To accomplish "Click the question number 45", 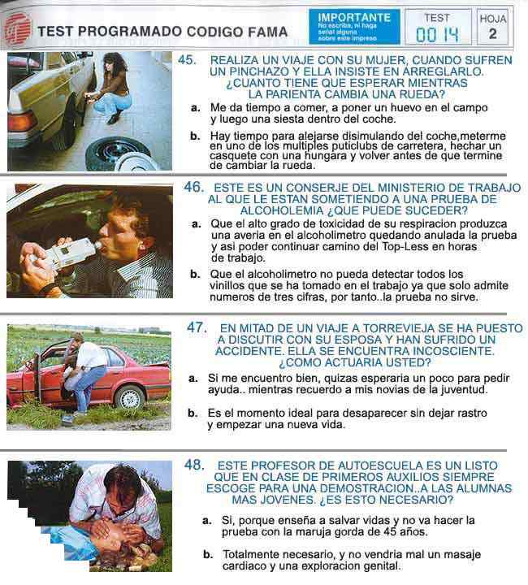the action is tap(187, 59).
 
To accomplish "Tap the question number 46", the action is tap(194, 187).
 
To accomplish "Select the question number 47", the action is tap(197, 327).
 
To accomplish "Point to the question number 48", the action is tap(194, 465).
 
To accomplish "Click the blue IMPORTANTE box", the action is tap(354, 27).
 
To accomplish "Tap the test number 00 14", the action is tap(437, 35).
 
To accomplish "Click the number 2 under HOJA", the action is tap(492, 34).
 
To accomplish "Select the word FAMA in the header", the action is tap(268, 32).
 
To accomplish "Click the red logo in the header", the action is tap(18, 29).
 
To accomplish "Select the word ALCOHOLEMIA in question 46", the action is tap(282, 210).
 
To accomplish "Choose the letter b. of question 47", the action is tap(193, 413).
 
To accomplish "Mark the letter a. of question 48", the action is tap(207, 521).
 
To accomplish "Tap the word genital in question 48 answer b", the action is tap(379, 566).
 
